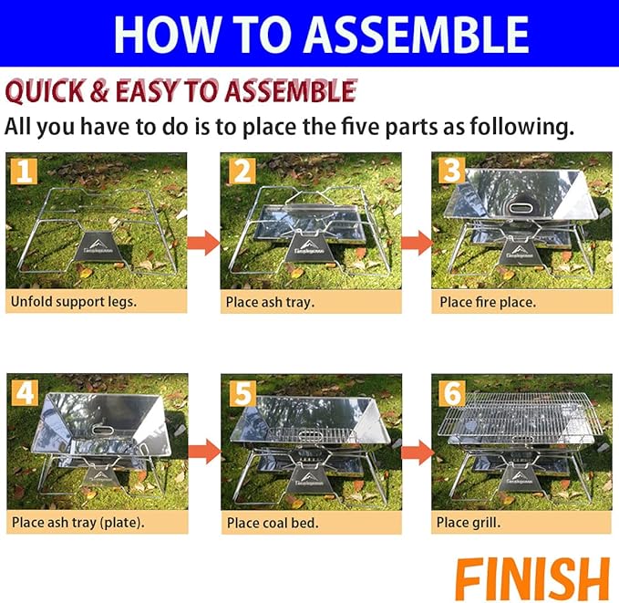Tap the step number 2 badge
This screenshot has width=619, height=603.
[240, 171]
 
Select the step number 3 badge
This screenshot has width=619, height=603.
[451, 171]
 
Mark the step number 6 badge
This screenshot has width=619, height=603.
[451, 392]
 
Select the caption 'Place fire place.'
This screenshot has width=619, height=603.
[488, 301]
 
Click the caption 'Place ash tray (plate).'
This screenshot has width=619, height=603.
[78, 523]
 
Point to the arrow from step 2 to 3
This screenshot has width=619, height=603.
[415, 243]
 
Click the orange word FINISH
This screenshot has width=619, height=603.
[531, 578]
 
